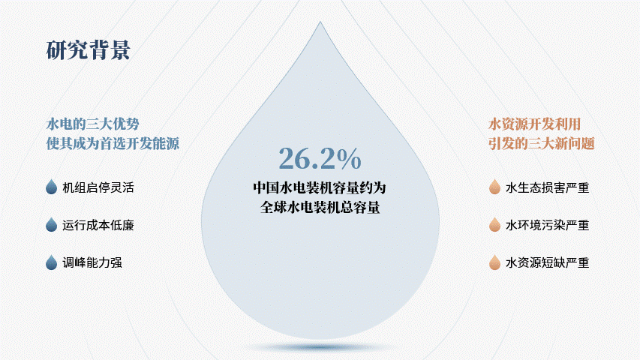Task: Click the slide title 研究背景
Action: (89, 50)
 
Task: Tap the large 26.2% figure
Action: (320, 158)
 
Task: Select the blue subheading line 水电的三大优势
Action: (92, 124)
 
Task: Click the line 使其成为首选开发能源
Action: (113, 143)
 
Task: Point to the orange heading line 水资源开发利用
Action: (534, 124)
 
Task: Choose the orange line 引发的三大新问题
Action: (541, 143)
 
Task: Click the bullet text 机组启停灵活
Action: (98, 187)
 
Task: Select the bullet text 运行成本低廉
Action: (98, 225)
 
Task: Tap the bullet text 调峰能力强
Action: (92, 262)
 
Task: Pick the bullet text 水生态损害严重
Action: (548, 187)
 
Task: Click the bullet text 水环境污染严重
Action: (548, 225)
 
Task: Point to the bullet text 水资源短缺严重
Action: (548, 262)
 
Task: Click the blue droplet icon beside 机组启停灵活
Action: (52, 187)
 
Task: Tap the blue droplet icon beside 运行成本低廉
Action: (52, 224)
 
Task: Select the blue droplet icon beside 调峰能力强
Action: (52, 262)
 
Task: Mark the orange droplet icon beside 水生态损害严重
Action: (494, 187)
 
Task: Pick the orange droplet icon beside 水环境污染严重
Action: (494, 224)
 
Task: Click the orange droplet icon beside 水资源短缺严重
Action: (494, 262)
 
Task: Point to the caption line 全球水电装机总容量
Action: (320, 207)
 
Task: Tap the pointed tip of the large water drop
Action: (320, 22)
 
